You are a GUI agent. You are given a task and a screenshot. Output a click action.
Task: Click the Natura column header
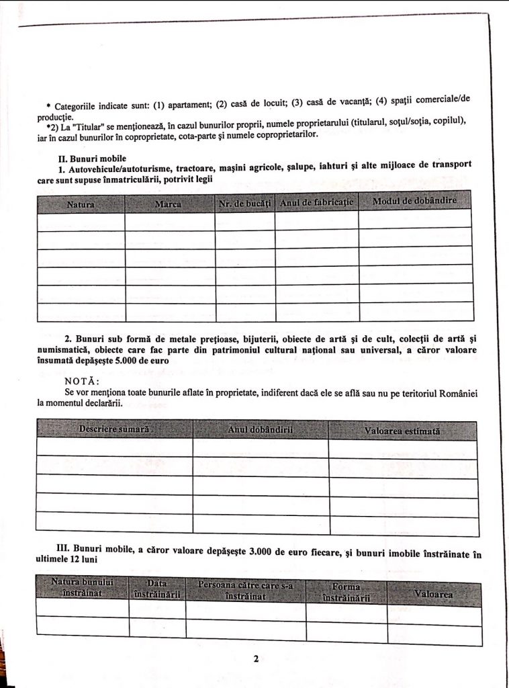click(81, 202)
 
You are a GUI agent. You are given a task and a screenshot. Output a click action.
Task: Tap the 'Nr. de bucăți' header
click(244, 203)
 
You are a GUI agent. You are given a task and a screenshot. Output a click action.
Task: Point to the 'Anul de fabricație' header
click(316, 202)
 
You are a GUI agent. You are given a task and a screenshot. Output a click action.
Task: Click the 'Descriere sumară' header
click(113, 429)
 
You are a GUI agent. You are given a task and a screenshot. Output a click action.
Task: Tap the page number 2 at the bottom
click(256, 659)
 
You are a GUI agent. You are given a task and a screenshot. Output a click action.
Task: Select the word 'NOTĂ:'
click(81, 381)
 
